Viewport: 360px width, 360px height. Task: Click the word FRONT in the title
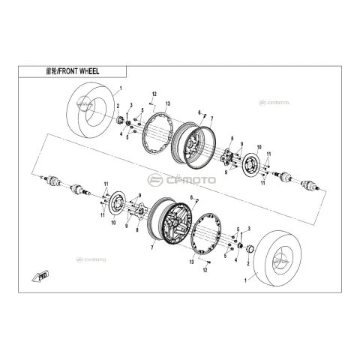[x=67, y=71]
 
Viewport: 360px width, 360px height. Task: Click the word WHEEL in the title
[x=88, y=71]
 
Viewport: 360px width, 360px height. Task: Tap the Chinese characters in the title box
[x=51, y=71]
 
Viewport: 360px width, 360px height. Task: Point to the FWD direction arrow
[x=40, y=276]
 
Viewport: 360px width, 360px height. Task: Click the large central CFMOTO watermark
[x=181, y=180]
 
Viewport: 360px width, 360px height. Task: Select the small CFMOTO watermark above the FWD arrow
[x=91, y=259]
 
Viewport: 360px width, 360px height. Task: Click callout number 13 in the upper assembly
[x=167, y=103]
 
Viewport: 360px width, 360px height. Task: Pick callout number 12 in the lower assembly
[x=205, y=270]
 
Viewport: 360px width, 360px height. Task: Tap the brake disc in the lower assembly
[x=117, y=205]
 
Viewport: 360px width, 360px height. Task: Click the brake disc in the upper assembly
[x=251, y=165]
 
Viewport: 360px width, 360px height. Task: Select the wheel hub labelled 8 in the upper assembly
[x=226, y=157]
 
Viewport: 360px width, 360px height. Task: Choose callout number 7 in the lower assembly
[x=151, y=247]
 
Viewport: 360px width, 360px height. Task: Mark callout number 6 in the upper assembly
[x=199, y=112]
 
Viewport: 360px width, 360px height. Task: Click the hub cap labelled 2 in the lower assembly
[x=250, y=249]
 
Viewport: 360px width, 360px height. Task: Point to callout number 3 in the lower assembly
[x=249, y=228]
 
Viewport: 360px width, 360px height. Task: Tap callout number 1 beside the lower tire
[x=245, y=280]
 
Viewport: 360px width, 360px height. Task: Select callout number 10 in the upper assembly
[x=259, y=147]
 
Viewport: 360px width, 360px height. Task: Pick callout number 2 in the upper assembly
[x=118, y=106]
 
